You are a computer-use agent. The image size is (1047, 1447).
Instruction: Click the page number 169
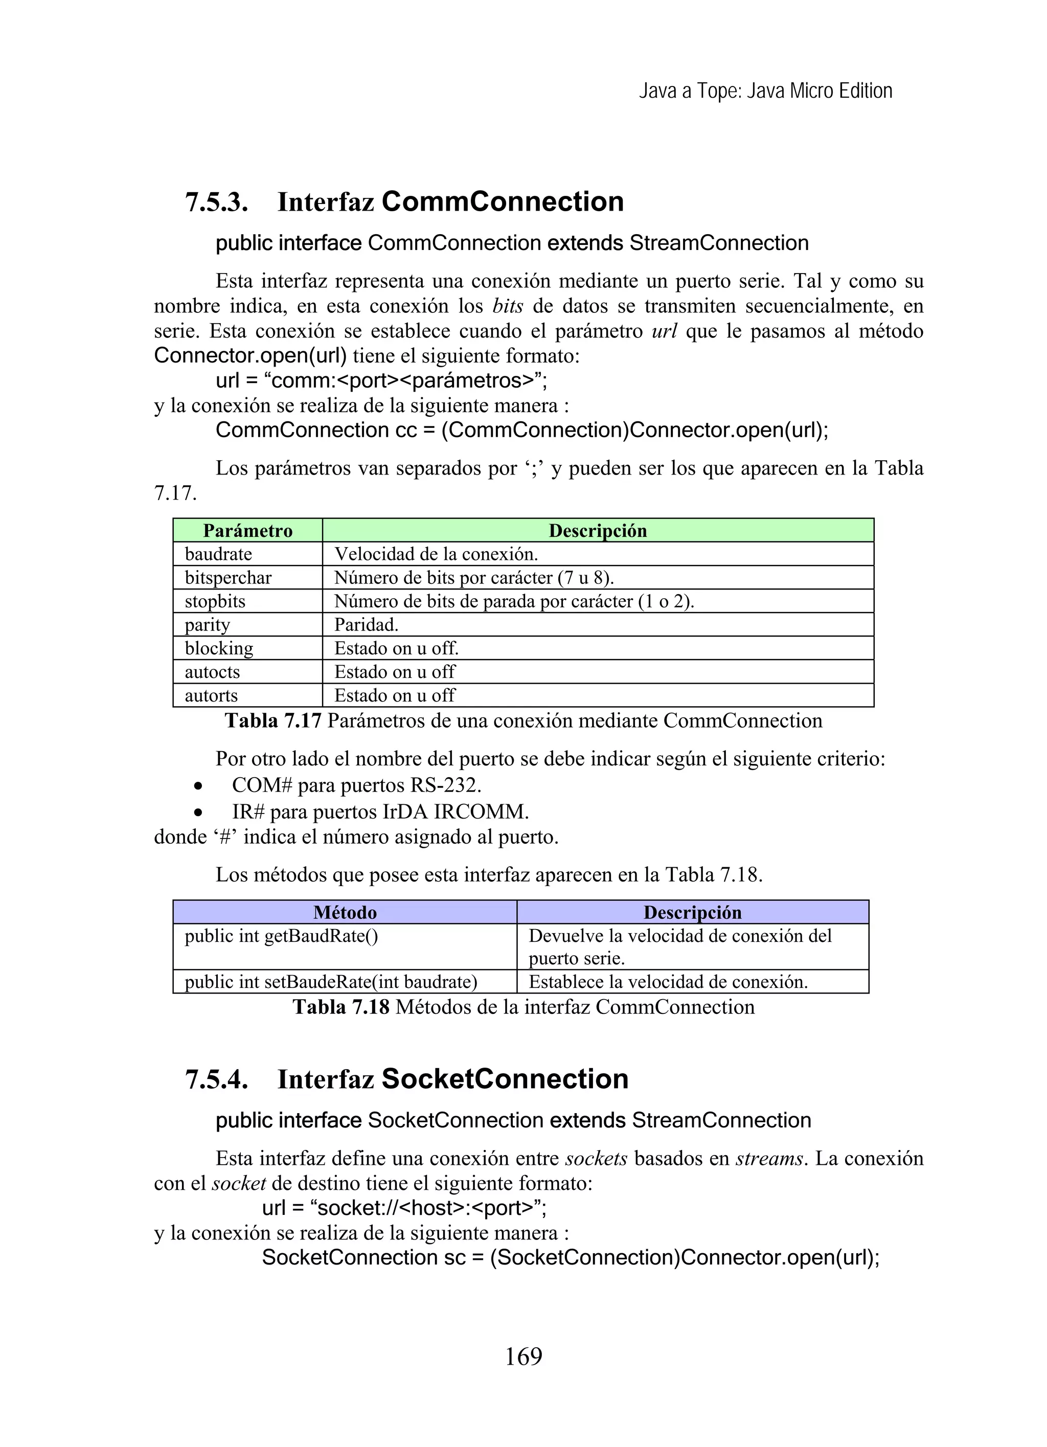[523, 1356]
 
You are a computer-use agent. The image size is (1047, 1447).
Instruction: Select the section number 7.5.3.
[216, 203]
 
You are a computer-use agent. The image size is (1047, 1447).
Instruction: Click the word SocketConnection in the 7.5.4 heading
[505, 1079]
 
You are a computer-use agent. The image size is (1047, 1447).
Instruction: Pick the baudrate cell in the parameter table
[218, 554]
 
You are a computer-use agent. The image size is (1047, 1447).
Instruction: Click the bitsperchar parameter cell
[228, 577]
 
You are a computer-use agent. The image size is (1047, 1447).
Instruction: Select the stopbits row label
[215, 601]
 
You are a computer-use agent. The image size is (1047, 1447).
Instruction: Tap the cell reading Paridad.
[366, 625]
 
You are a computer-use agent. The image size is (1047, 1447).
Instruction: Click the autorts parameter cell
[211, 695]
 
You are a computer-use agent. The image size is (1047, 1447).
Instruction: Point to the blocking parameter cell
[219, 648]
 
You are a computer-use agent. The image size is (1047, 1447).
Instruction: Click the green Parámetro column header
[247, 531]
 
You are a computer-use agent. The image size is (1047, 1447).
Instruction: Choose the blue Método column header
[345, 912]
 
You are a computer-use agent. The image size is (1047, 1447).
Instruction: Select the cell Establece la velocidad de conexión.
[668, 982]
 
